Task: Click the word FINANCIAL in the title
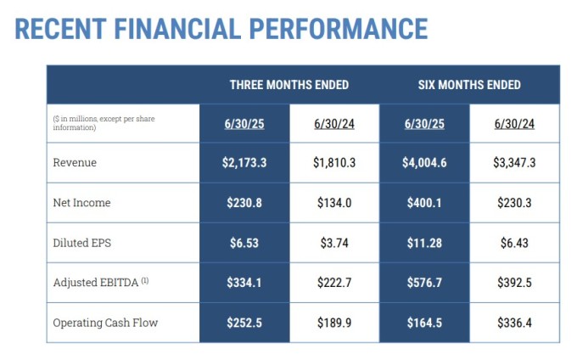click(x=177, y=29)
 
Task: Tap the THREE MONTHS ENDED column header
click(x=289, y=85)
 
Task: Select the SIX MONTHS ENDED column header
click(x=469, y=85)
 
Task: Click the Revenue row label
click(x=75, y=162)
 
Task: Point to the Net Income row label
click(x=81, y=202)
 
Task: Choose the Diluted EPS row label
click(x=81, y=243)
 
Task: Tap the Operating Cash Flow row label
click(x=105, y=323)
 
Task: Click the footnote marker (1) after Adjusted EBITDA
click(x=145, y=281)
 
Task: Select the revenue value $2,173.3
click(x=244, y=163)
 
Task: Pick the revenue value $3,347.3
click(x=514, y=163)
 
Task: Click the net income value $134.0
click(x=334, y=203)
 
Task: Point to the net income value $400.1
click(x=424, y=203)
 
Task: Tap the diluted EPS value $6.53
click(x=244, y=243)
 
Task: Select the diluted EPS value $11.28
click(x=424, y=243)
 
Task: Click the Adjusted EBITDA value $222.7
click(x=334, y=283)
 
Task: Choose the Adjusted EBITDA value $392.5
click(x=514, y=283)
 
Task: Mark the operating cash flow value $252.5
click(x=244, y=323)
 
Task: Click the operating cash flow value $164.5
click(x=424, y=323)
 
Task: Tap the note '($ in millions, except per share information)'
click(x=104, y=123)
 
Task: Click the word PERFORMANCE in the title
click(x=339, y=29)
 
